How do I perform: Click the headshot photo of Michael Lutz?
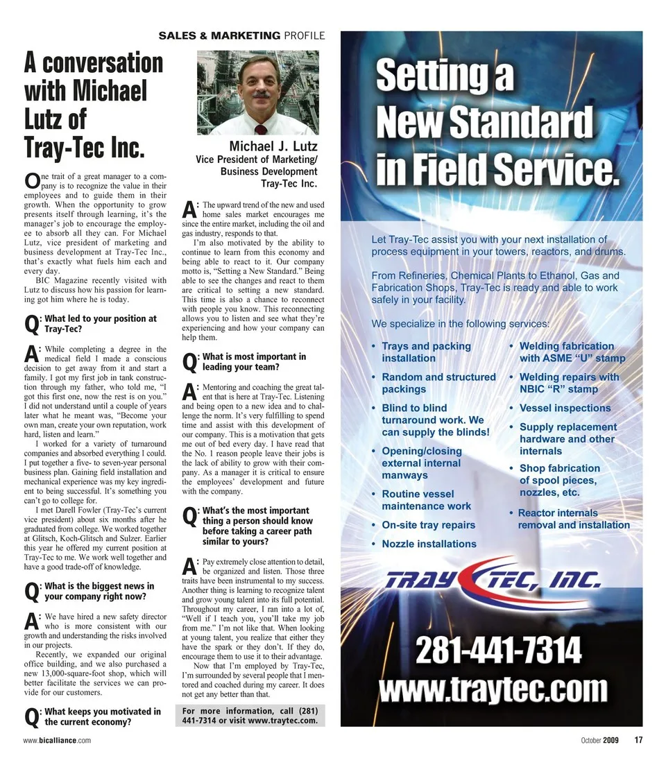[258, 92]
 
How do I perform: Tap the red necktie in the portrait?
[260, 129]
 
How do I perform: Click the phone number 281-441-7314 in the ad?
[498, 652]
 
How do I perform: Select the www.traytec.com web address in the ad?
[493, 691]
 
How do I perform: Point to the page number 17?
[638, 739]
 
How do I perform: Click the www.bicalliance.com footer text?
[56, 741]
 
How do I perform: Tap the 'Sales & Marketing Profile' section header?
[241, 35]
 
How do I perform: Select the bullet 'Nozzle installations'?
[429, 544]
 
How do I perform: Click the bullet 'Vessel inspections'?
[565, 408]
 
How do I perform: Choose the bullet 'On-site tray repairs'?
[428, 525]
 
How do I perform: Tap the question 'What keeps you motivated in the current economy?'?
[102, 716]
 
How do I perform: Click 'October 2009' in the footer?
[599, 740]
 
